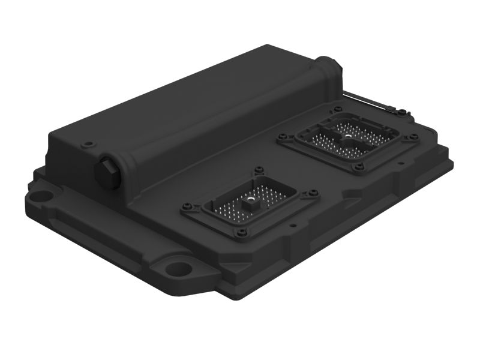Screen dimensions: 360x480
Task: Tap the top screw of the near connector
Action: point(259,170)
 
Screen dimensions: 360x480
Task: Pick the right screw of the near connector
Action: point(313,193)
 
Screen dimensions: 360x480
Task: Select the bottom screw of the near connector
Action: point(245,235)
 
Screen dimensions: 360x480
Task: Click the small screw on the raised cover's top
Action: point(89,143)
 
